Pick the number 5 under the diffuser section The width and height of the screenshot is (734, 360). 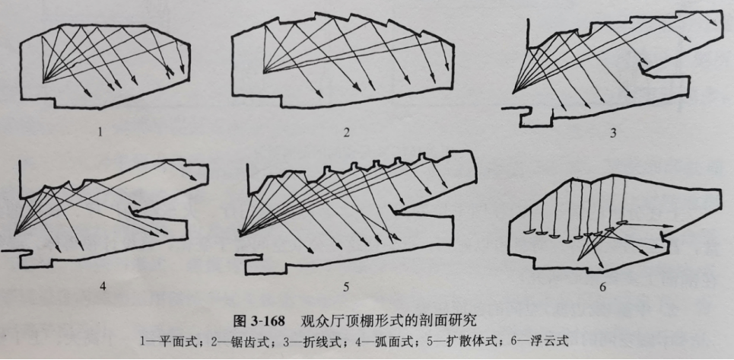(x=346, y=287)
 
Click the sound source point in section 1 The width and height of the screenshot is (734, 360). (x=43, y=79)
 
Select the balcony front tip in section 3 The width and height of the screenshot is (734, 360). (x=645, y=71)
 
